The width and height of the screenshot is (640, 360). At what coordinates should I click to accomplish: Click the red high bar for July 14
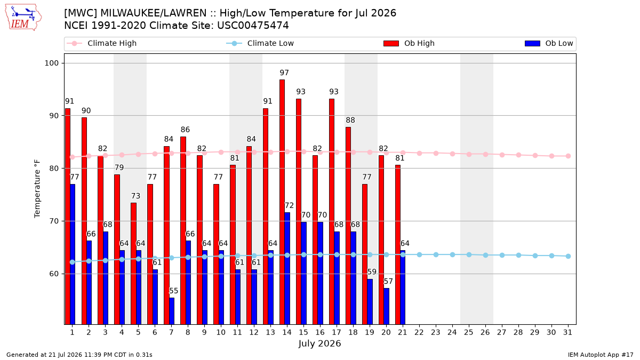click(282, 202)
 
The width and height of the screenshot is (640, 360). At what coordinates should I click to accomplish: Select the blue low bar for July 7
click(172, 311)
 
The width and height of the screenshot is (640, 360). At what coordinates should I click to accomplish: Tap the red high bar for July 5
click(133, 263)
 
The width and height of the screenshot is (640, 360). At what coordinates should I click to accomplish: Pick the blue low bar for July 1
click(73, 254)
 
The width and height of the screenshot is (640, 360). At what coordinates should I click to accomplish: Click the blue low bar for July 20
click(386, 306)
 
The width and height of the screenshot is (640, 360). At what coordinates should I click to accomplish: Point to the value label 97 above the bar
click(284, 73)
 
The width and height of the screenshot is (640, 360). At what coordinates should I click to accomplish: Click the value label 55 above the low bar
click(174, 291)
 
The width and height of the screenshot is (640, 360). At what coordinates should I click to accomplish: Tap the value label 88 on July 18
click(350, 121)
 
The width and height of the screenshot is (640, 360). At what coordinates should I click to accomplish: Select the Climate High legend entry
click(102, 43)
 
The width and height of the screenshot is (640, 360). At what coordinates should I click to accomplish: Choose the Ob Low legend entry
click(549, 43)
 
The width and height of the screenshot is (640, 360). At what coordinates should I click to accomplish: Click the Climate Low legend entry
click(260, 43)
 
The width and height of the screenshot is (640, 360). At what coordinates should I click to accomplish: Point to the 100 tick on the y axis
click(52, 63)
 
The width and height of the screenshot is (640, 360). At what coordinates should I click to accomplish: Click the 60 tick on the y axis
click(54, 274)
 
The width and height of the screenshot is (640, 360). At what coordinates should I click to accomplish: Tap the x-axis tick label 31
click(567, 332)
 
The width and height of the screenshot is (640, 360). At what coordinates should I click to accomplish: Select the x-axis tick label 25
click(469, 332)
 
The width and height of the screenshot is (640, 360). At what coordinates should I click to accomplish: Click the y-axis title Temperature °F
click(37, 189)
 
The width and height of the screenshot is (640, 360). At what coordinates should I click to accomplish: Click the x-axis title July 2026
click(319, 343)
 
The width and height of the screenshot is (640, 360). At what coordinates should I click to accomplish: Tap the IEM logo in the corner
click(23, 18)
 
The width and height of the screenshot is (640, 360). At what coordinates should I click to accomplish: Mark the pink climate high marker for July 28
click(518, 155)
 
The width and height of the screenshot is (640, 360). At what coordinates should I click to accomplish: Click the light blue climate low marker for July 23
click(436, 254)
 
